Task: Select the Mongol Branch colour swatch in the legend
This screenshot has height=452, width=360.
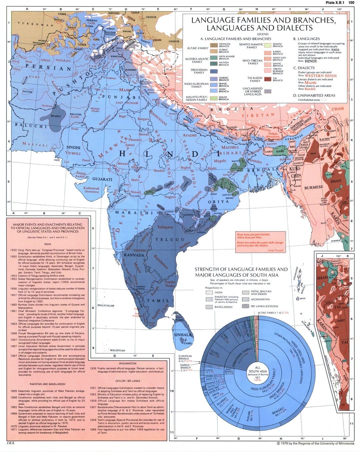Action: pos(214,45)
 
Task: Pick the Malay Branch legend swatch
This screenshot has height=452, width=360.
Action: pos(214,98)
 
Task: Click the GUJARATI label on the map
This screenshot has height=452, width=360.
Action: pos(102,179)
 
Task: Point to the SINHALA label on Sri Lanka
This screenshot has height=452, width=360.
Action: pos(182,335)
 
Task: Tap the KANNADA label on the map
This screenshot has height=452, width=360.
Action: pos(134,255)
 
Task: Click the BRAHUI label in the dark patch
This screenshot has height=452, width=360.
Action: pos(55,116)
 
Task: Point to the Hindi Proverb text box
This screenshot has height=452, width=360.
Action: pos(260,241)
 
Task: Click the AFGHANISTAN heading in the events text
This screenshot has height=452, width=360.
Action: pos(127,363)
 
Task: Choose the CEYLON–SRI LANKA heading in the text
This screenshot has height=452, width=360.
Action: pos(127,381)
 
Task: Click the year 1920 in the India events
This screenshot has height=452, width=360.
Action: pos(14,250)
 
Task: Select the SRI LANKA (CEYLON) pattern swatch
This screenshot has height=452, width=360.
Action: pos(245,306)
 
